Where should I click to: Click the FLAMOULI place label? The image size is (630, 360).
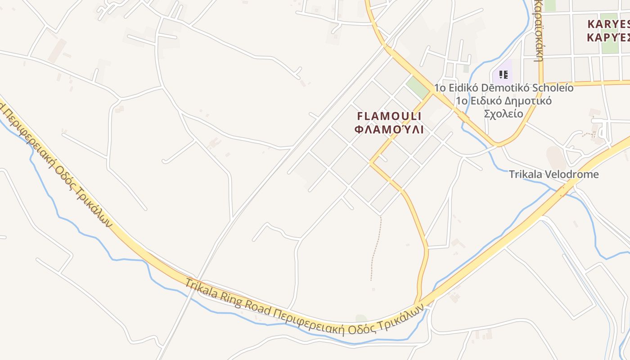tap(389, 116)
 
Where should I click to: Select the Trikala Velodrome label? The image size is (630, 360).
tap(553, 174)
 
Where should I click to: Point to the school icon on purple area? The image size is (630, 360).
tap(503, 74)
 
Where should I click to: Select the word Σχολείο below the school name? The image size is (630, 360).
tap(503, 113)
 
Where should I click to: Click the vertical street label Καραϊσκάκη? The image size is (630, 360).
tap(539, 29)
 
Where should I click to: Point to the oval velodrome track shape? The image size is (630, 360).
tap(556, 157)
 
